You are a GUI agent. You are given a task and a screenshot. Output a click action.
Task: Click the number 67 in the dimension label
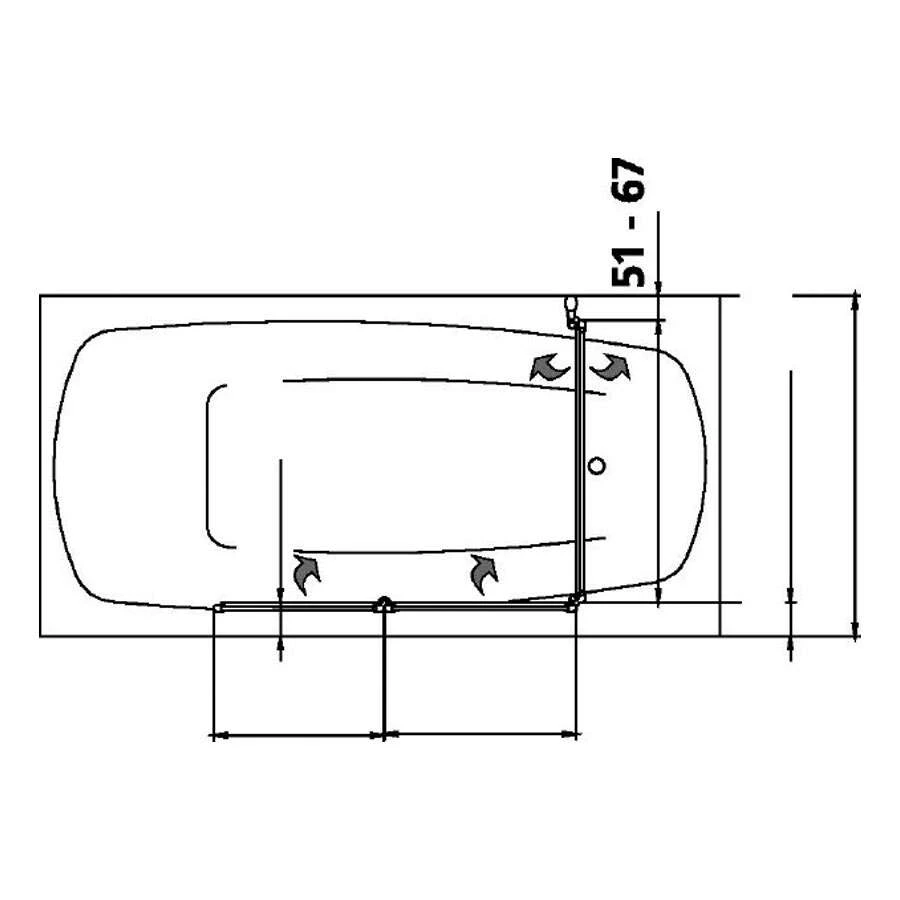(629, 179)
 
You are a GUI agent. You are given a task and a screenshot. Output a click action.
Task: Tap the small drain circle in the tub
(598, 465)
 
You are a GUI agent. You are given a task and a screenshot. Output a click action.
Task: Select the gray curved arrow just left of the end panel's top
(548, 367)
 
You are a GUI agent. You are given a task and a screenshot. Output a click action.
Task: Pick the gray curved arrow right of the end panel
(612, 367)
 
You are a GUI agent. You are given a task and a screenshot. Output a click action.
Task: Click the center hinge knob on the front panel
(384, 604)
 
